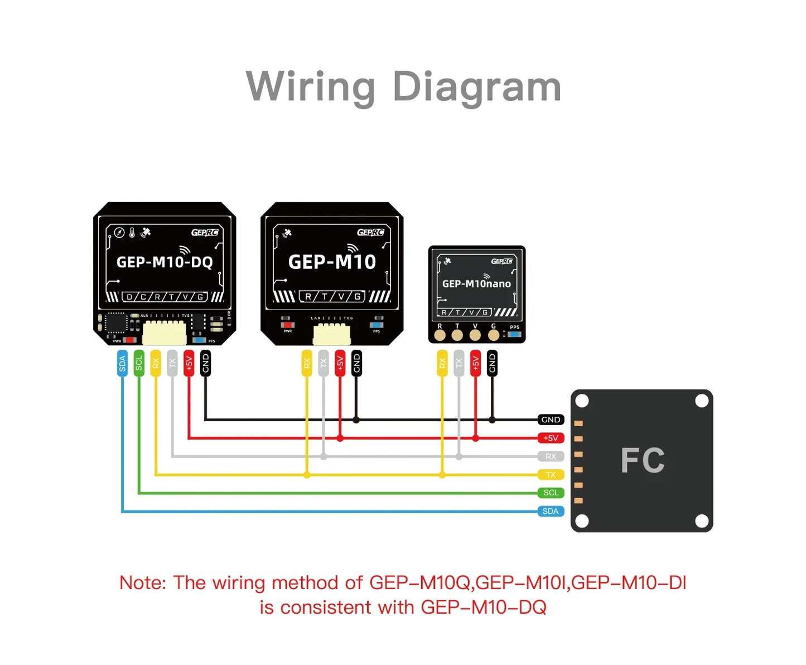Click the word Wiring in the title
click(311, 87)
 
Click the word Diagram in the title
click(477, 87)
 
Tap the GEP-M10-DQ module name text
click(165, 262)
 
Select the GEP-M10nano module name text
click(476, 283)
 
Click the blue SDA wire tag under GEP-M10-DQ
click(122, 363)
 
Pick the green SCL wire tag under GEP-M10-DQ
click(139, 363)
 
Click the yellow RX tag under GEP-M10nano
click(442, 363)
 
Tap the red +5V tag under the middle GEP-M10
click(340, 363)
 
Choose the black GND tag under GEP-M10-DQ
click(205, 363)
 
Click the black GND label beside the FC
click(551, 420)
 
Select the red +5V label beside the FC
click(551, 438)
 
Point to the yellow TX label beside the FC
click(551, 475)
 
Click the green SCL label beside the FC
click(551, 493)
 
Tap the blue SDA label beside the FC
click(551, 511)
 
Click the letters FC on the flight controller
click(643, 461)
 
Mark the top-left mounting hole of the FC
click(582, 401)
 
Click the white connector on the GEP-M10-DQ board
click(165, 333)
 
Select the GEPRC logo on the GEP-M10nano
click(501, 261)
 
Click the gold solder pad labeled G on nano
click(494, 335)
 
